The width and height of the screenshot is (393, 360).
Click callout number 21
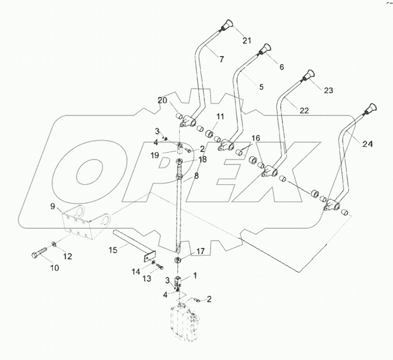tap(246, 40)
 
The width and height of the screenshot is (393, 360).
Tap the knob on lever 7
tap(227, 24)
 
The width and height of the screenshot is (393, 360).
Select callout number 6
tap(282, 67)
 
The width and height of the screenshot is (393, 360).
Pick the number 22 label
tap(304, 110)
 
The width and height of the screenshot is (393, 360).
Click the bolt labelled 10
tap(37, 255)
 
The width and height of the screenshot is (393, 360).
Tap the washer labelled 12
tap(55, 244)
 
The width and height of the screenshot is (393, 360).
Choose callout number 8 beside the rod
tap(196, 176)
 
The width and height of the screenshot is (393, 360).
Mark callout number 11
tap(220, 117)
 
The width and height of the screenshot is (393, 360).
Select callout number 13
tap(146, 279)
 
